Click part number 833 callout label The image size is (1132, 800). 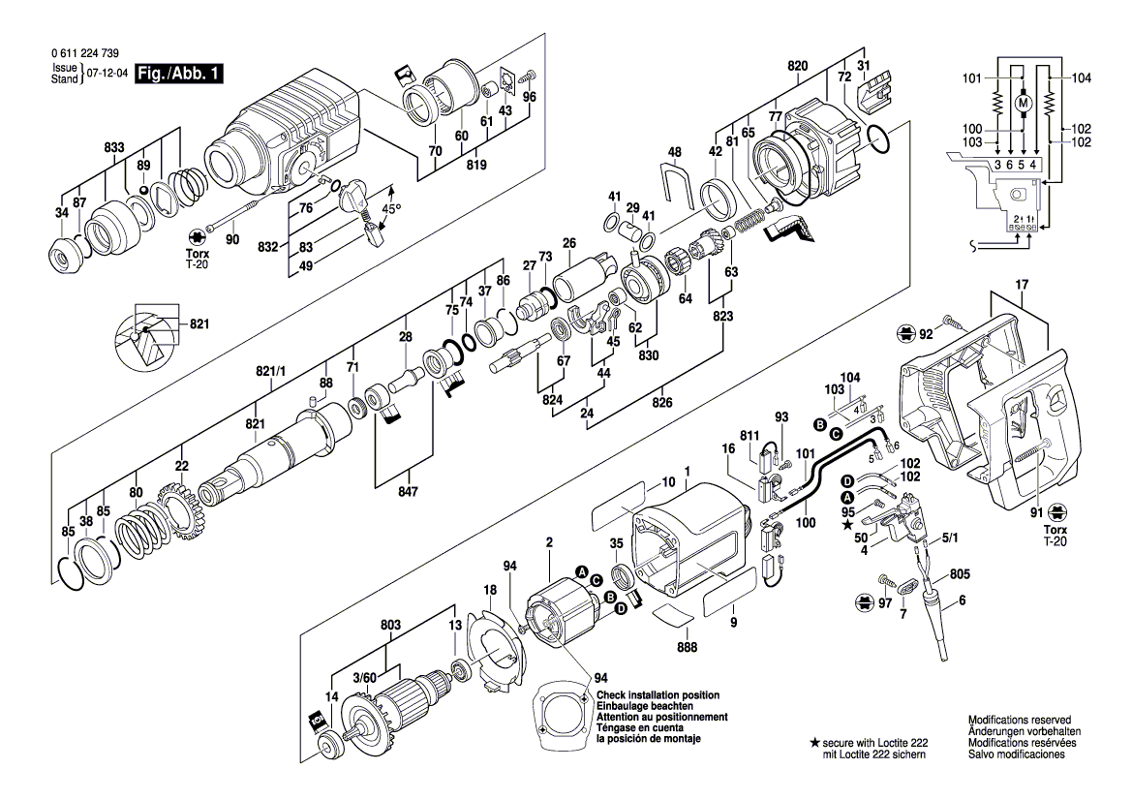[114, 147]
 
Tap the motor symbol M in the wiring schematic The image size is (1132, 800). [1023, 102]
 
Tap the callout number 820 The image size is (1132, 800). [798, 66]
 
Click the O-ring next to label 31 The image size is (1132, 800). [879, 141]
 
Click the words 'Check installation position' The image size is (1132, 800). [658, 696]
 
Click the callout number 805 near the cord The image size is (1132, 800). [959, 573]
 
